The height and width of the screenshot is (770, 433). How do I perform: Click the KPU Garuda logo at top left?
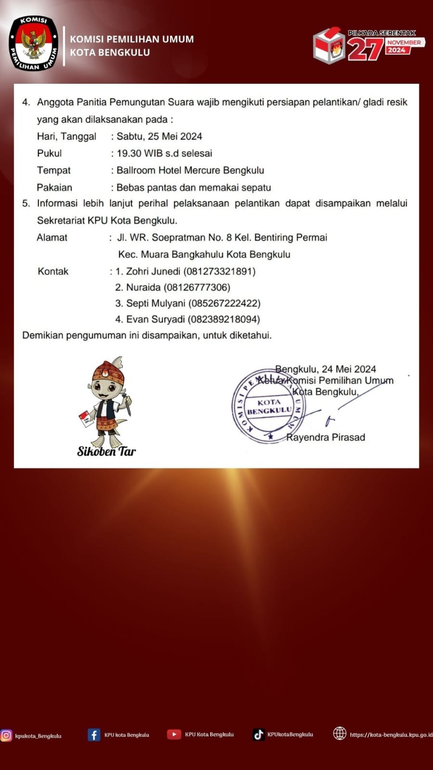pos(33,43)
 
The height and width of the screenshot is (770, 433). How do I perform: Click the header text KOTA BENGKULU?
pos(110,52)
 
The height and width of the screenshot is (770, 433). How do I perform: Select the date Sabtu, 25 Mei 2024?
pos(159,136)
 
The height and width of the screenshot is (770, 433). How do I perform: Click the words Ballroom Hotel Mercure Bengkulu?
pos(190,170)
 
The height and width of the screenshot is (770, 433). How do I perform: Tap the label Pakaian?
pos(54,187)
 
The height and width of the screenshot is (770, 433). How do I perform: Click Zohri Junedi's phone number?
pos(220,271)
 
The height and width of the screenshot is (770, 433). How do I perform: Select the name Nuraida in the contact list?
pos(143,287)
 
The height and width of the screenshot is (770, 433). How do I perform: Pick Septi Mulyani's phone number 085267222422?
pos(224,303)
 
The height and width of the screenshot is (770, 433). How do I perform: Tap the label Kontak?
pos(53,271)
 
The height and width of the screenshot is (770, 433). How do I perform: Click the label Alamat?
pos(52,237)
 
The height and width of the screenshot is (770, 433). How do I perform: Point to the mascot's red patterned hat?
pos(108,371)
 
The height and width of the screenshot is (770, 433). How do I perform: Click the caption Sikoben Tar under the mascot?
pos(106,451)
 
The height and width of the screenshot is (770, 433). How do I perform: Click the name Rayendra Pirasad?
pos(326,437)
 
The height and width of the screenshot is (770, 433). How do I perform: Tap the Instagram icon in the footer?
pos(6,735)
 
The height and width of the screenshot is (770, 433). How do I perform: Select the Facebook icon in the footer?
pos(94,734)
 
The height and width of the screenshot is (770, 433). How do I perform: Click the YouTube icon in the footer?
pos(174,734)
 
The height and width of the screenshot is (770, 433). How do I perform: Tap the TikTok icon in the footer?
pos(259,734)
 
